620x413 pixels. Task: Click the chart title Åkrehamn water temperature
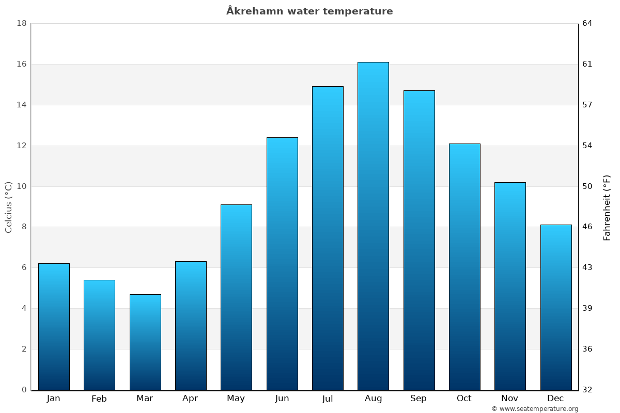309,11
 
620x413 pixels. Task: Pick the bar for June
282,263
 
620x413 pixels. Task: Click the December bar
556,307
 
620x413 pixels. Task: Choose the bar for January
54,326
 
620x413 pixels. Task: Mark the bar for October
464,266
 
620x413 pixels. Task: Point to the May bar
236,297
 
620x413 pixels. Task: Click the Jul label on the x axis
328,399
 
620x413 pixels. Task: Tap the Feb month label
99,399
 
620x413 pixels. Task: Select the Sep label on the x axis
419,399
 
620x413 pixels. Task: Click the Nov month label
510,399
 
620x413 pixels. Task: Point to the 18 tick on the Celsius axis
22,23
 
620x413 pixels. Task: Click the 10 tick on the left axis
22,186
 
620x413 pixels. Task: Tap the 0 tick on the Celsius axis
24,390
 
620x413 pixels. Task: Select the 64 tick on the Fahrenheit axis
587,23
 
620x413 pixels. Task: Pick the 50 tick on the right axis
587,186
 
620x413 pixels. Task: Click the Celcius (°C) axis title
9,207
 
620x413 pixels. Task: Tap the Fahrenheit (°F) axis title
607,208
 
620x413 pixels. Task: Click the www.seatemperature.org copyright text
535,409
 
